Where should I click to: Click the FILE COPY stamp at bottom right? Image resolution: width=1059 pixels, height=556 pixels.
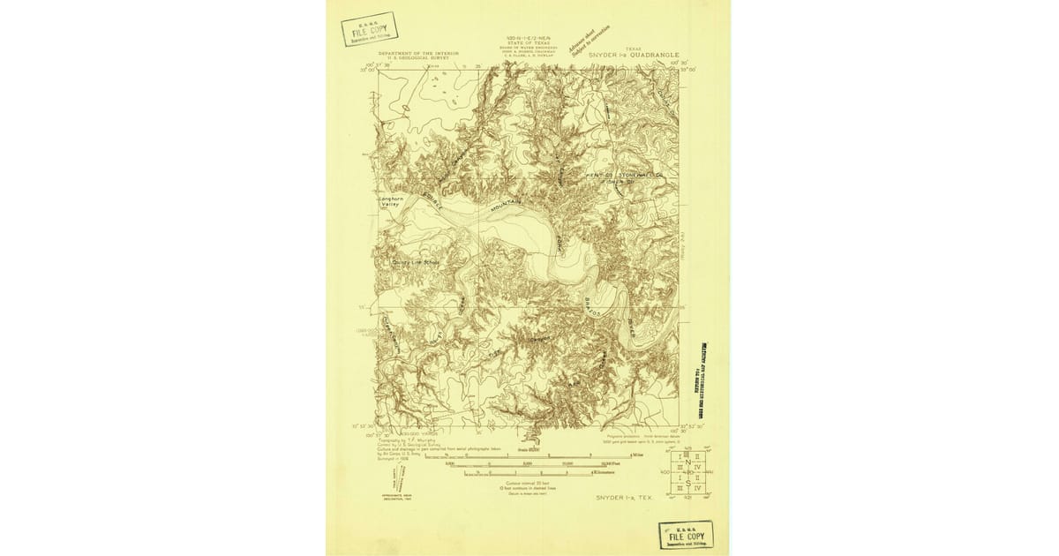[686, 535]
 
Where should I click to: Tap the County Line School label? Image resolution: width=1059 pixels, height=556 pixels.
[416, 261]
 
